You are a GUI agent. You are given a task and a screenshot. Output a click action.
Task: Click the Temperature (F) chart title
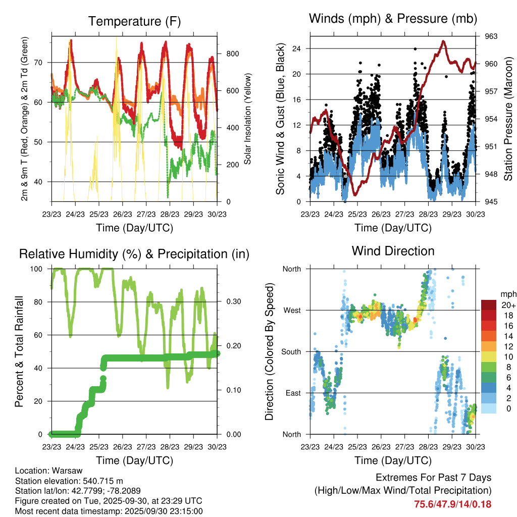pos(134,21)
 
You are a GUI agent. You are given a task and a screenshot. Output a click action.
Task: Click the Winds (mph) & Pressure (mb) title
pos(393,19)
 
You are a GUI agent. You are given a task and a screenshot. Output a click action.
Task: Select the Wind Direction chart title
pos(393,251)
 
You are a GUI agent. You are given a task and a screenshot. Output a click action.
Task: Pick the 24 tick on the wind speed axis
pos(301,48)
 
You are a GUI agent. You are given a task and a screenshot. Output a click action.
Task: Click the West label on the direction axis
pos(291,310)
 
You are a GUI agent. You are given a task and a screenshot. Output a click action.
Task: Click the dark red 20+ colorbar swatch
pos(489,304)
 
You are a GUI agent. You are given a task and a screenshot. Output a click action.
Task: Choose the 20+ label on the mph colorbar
pos(507,305)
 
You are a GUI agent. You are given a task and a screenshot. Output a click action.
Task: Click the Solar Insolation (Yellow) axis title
pos(247,119)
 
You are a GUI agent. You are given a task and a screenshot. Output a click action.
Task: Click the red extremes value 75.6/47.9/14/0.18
pos(452,504)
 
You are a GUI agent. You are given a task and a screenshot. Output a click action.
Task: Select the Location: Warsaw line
pos(49,471)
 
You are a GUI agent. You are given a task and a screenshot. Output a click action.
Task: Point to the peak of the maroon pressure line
pos(443,41)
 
